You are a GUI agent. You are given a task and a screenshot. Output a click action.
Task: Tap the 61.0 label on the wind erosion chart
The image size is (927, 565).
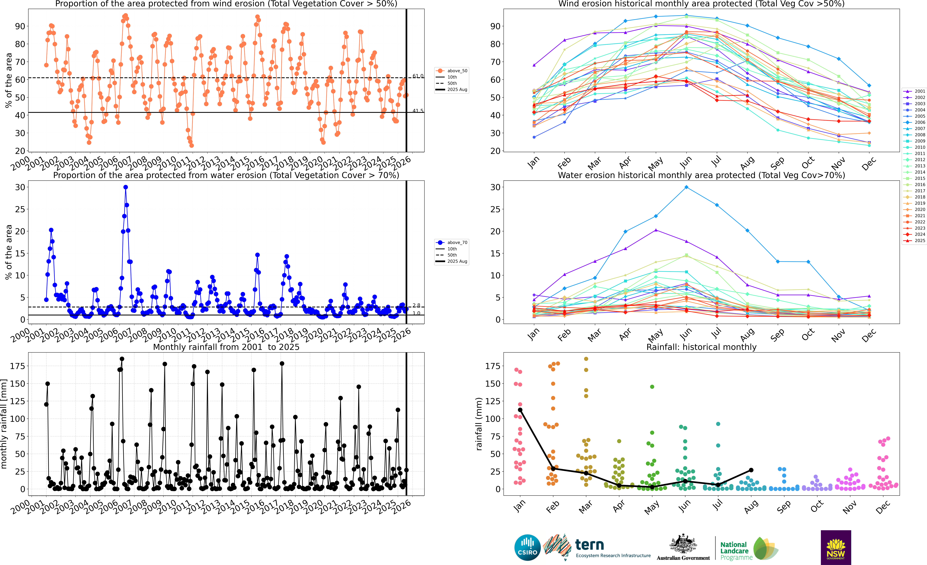click(x=418, y=76)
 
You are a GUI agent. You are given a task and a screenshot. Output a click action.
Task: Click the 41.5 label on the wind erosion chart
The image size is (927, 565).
click(x=418, y=111)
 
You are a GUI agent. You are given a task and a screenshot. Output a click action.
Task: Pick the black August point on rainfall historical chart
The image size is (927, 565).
click(x=751, y=470)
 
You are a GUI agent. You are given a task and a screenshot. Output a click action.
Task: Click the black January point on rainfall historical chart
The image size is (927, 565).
click(x=520, y=410)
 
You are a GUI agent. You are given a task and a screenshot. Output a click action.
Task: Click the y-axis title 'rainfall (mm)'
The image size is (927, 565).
click(x=479, y=424)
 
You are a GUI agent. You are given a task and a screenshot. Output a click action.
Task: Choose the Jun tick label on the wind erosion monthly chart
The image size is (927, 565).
click(x=686, y=163)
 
